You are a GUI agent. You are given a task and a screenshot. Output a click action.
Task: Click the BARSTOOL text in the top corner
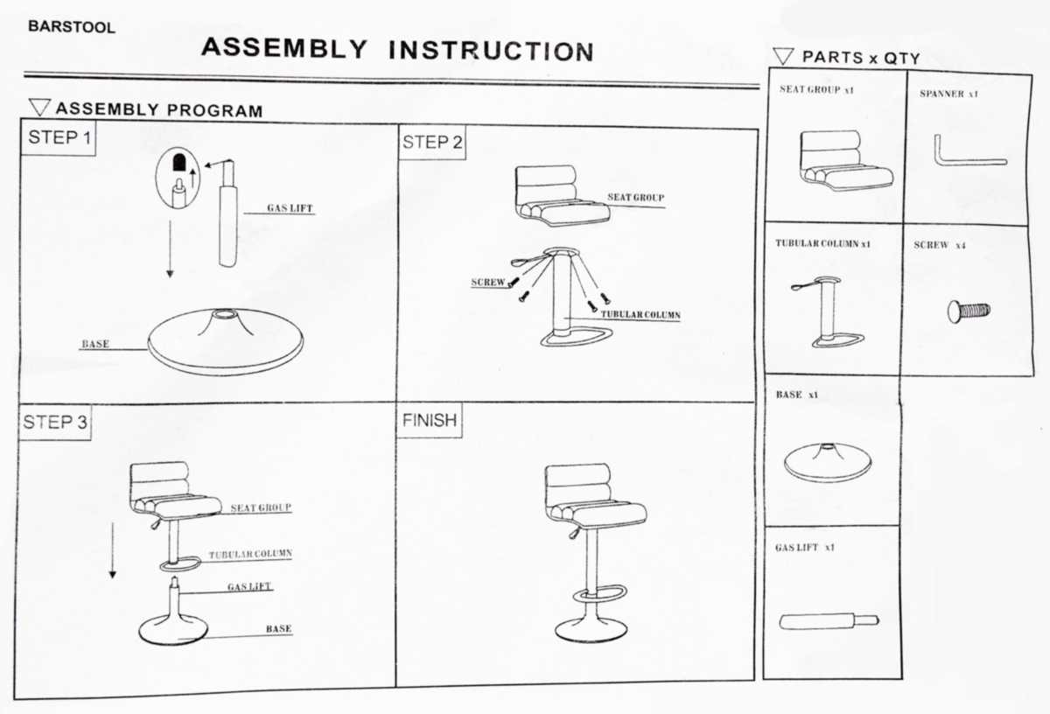[72, 27]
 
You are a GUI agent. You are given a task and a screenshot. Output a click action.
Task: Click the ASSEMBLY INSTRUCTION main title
[397, 49]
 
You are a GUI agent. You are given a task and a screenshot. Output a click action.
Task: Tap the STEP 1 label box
[59, 137]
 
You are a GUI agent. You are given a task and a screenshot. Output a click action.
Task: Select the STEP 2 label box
[432, 143]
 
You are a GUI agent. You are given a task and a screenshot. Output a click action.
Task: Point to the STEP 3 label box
[55, 423]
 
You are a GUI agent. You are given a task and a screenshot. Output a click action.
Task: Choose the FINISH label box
[430, 420]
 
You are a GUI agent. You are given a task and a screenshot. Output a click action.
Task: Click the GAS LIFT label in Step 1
[290, 209]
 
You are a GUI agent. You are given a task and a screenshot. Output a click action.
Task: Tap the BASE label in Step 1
[95, 344]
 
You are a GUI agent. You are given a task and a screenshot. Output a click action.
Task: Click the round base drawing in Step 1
[226, 340]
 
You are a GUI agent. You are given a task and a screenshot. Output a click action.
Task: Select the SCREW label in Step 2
[488, 283]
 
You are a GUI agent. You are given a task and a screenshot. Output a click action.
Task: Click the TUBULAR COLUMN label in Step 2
[640, 314]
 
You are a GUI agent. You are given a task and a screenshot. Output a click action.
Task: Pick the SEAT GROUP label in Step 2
[635, 198]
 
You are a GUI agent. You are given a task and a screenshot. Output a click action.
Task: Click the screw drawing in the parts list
[969, 310]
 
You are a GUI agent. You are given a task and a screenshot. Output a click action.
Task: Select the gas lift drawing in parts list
[828, 621]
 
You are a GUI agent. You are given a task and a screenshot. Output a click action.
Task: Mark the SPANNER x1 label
[948, 94]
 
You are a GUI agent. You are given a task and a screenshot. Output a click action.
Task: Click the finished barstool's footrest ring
[600, 594]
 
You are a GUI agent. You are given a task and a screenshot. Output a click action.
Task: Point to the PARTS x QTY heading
[860, 58]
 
